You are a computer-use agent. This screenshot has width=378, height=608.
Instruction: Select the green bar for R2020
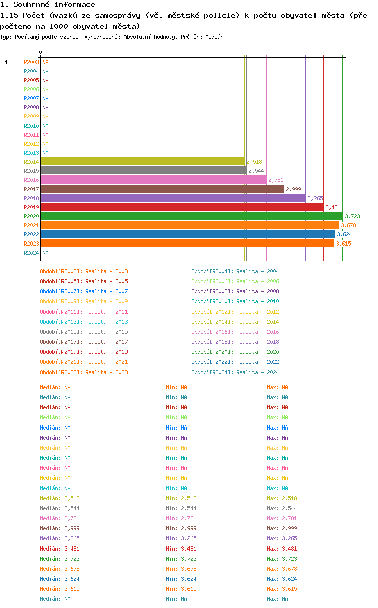(192, 216)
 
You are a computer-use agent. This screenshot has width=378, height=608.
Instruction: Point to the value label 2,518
(255, 162)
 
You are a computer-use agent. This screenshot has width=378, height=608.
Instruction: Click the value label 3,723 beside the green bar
(352, 216)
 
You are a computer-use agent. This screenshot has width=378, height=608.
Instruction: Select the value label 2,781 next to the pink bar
(276, 180)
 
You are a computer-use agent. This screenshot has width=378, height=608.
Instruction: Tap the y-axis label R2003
(31, 62)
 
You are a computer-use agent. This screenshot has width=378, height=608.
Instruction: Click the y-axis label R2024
(31, 253)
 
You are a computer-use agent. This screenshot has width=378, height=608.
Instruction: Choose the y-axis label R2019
(31, 207)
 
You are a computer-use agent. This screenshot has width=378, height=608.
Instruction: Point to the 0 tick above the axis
(40, 52)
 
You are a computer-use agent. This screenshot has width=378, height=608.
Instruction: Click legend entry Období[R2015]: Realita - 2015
(84, 332)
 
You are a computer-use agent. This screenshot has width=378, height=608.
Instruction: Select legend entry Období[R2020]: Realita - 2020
(235, 352)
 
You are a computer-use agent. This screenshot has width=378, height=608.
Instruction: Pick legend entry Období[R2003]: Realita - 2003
(84, 271)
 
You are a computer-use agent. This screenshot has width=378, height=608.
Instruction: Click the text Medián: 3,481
(59, 549)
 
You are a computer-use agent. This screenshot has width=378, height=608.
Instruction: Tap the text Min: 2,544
(181, 508)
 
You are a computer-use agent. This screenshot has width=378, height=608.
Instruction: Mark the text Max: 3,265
(282, 538)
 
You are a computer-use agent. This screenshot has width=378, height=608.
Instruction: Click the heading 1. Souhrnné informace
(48, 5)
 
